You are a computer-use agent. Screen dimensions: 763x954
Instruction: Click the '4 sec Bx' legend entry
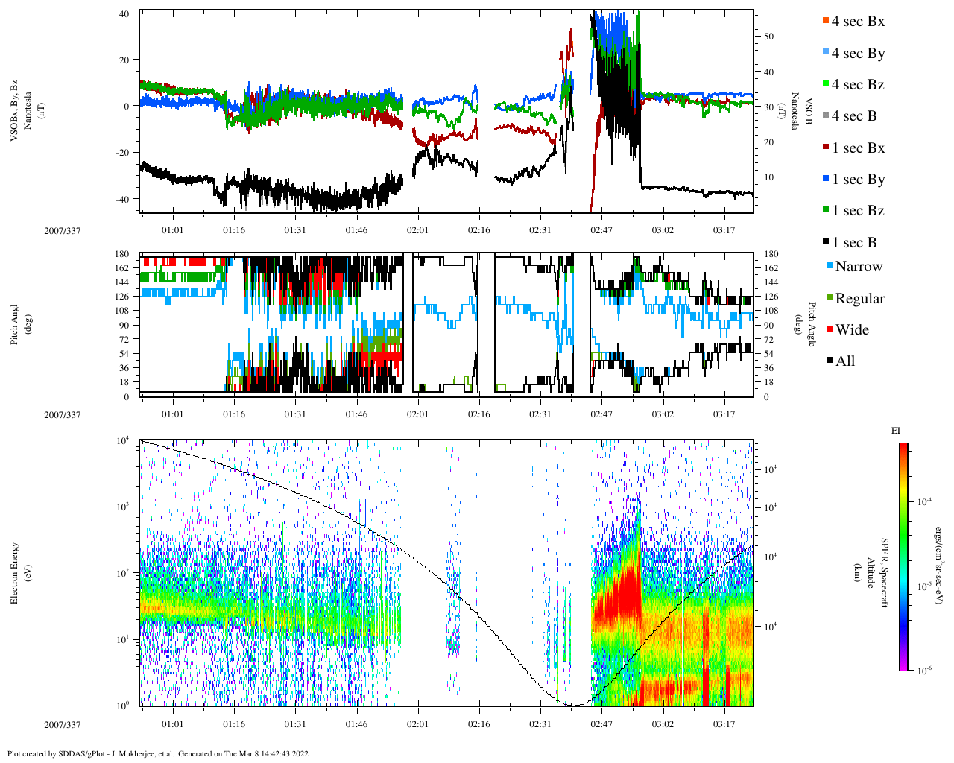(857, 22)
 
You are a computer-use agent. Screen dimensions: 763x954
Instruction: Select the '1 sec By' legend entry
(858, 180)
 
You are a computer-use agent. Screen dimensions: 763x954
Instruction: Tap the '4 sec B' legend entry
(853, 116)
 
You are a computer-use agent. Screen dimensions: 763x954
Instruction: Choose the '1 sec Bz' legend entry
(858, 211)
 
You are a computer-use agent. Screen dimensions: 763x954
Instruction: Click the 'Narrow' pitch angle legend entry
(858, 267)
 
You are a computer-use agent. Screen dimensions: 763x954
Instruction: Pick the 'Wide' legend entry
(851, 330)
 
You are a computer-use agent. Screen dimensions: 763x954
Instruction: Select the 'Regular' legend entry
(859, 299)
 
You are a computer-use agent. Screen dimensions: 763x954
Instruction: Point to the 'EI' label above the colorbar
(896, 431)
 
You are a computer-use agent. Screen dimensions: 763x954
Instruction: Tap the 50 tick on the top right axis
(768, 37)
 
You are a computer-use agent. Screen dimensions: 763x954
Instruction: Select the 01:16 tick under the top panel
(233, 230)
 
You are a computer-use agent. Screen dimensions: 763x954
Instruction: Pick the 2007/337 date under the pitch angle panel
(62, 414)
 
